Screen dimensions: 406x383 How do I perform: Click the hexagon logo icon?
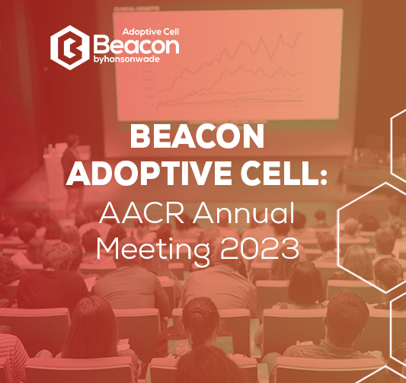pyautogui.click(x=70, y=48)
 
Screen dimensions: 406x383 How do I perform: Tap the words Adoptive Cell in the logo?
pyautogui.click(x=150, y=32)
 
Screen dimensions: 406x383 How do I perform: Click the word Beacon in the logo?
pyautogui.click(x=136, y=45)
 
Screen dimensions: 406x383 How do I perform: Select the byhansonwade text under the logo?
pyautogui.click(x=126, y=59)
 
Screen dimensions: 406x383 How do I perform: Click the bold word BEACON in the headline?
pyautogui.click(x=197, y=136)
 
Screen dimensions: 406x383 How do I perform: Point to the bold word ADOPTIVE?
pyautogui.click(x=149, y=174)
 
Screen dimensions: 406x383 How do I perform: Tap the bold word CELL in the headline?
pyautogui.click(x=280, y=174)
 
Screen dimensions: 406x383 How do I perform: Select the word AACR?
pyautogui.click(x=142, y=212)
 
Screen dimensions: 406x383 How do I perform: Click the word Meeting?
pyautogui.click(x=153, y=249)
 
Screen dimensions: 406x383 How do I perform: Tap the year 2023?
pyautogui.click(x=260, y=248)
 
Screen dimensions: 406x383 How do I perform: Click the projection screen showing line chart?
pyautogui.click(x=228, y=65)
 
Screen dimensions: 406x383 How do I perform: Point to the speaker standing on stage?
pyautogui.click(x=73, y=176)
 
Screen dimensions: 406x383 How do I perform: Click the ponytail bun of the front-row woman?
pyautogui.click(x=198, y=312)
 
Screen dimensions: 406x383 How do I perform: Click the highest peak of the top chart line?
pyautogui.click(x=300, y=32)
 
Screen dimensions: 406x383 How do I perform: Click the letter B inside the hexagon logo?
pyautogui.click(x=71, y=48)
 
